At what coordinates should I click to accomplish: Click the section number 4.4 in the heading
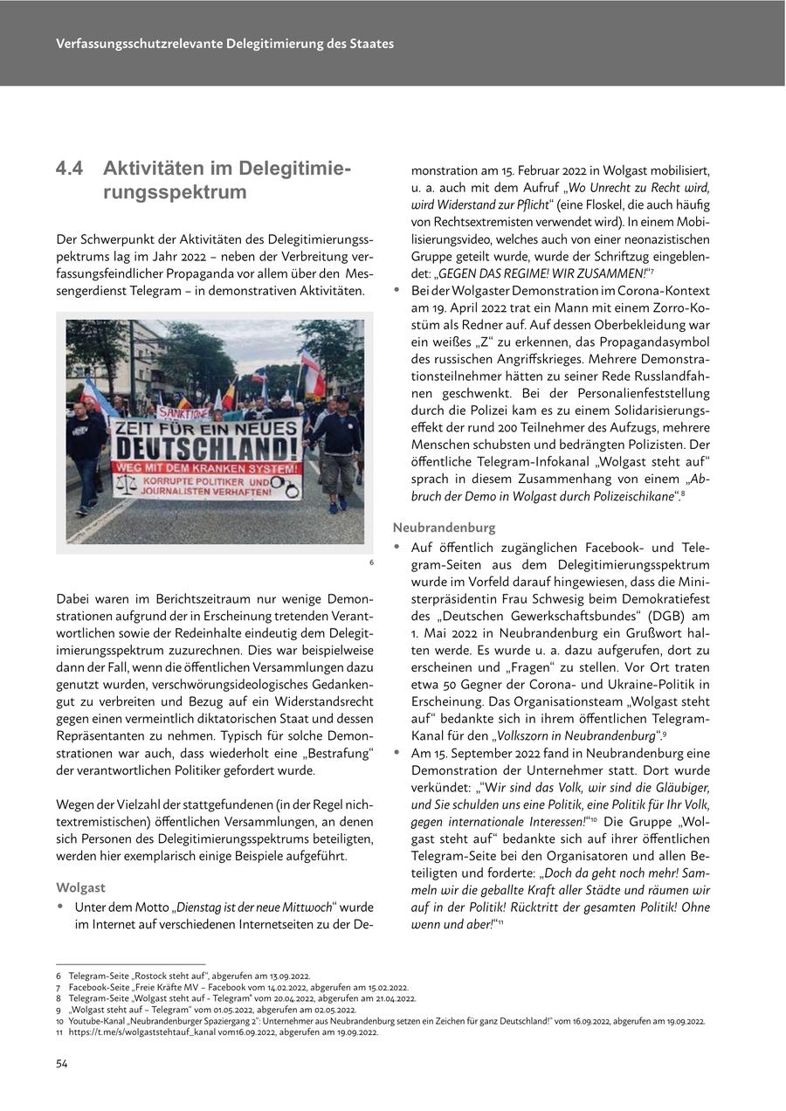(x=70, y=169)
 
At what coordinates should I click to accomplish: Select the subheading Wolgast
(x=80, y=887)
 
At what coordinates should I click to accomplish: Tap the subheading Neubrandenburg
(x=444, y=528)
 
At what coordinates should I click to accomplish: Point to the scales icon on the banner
(x=127, y=482)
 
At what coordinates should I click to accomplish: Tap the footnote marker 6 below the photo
(x=370, y=562)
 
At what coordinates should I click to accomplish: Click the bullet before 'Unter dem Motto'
(x=60, y=907)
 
